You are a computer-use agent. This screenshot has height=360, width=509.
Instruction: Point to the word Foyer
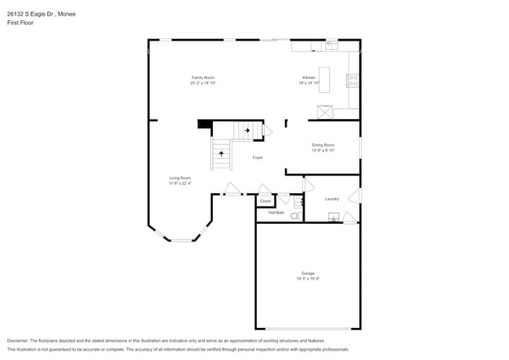pyautogui.click(x=258, y=158)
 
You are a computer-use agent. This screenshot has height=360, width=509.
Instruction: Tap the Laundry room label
pyautogui.click(x=332, y=199)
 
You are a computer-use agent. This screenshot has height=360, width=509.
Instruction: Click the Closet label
pyautogui.click(x=265, y=201)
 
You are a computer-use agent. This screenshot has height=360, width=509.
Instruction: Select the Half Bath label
pyautogui.click(x=276, y=213)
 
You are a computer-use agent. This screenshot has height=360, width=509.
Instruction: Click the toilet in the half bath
pyautogui.click(x=295, y=216)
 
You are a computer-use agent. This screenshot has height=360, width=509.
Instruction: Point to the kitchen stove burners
pyautogui.click(x=353, y=79)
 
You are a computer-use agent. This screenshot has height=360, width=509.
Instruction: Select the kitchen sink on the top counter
pyautogui.click(x=331, y=46)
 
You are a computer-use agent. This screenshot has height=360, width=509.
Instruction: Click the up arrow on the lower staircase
pyautogui.click(x=221, y=153)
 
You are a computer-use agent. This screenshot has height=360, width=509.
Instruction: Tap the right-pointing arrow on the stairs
pyautogui.click(x=247, y=130)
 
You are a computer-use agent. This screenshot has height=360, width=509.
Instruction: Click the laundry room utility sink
pyautogui.click(x=333, y=218)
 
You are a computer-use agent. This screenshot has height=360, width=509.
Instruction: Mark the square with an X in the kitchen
pyautogui.click(x=326, y=111)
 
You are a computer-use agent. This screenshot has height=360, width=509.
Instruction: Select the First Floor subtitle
pyautogui.click(x=20, y=23)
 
